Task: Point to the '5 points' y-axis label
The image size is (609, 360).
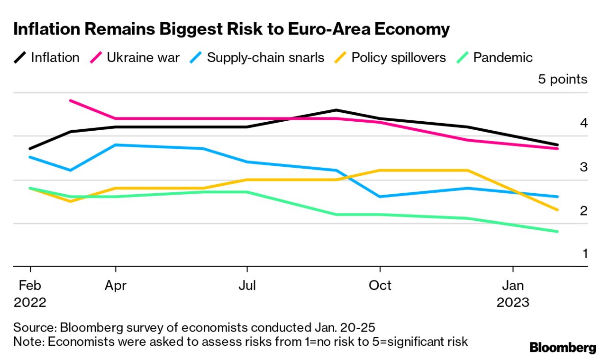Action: (563, 79)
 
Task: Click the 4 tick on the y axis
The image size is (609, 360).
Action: (583, 123)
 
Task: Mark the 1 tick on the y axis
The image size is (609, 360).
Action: (584, 254)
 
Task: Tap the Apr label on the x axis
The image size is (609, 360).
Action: (116, 286)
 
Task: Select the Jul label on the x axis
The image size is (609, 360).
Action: (247, 286)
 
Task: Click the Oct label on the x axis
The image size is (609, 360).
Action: (380, 286)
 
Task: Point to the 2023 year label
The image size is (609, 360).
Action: (513, 303)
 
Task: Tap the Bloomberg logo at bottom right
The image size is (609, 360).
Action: (563, 348)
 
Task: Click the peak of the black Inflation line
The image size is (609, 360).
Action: (336, 110)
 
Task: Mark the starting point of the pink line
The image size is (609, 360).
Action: (71, 100)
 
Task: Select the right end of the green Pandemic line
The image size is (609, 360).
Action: (557, 232)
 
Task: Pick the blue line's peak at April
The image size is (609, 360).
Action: (116, 144)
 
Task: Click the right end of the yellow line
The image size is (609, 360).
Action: (557, 210)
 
